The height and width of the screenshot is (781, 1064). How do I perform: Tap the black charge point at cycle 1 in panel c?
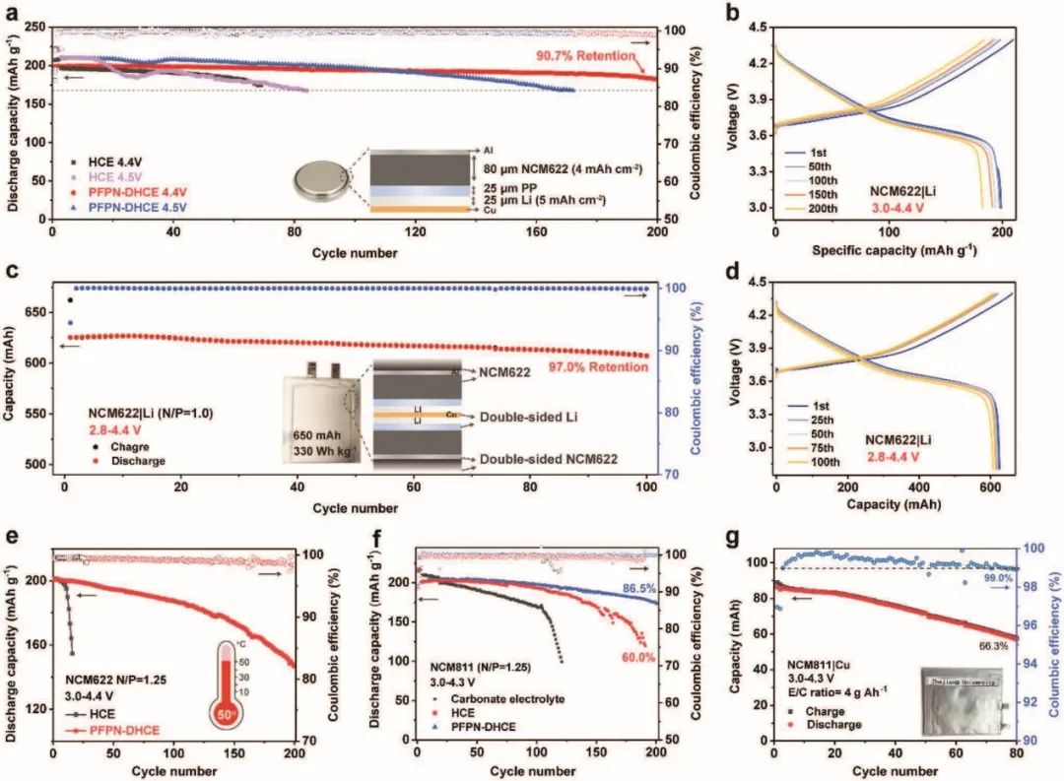(70, 299)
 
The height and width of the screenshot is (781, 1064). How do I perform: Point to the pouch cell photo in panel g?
(964, 700)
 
